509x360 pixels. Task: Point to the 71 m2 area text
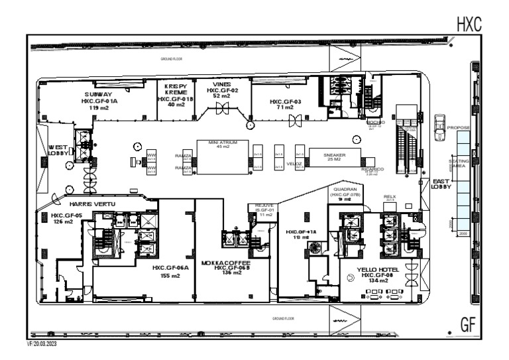pos(285,107)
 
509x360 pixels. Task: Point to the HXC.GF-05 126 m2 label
pos(66,219)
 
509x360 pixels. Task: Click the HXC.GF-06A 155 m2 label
pos(170,272)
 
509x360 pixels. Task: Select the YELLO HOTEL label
pos(378,271)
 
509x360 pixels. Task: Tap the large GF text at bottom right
pos(469,324)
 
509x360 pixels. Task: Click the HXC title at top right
pos(468,25)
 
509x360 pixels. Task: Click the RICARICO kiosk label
pos(372,170)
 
